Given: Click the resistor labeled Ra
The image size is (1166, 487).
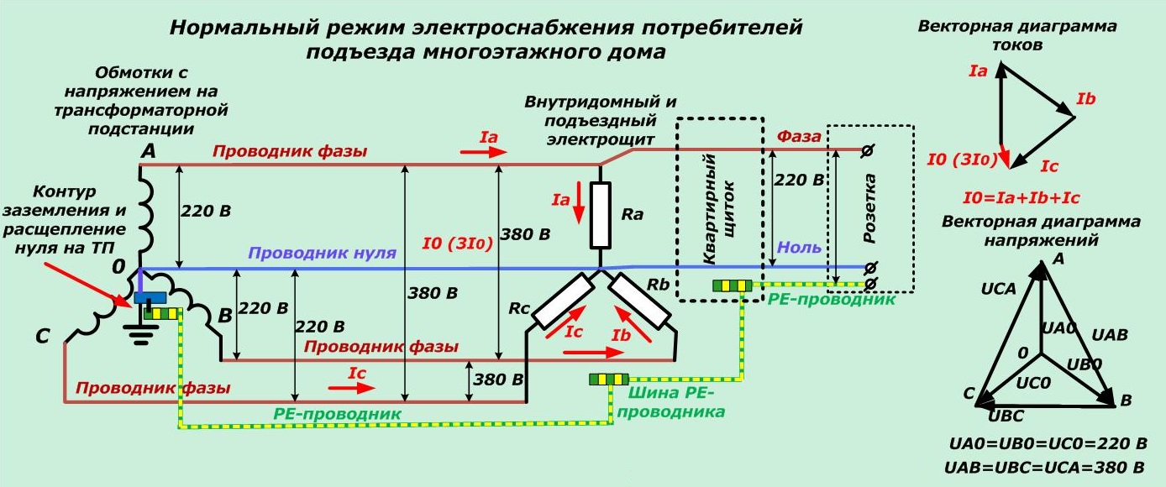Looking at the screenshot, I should (x=600, y=215).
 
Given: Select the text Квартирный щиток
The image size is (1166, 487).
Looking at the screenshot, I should (x=719, y=209).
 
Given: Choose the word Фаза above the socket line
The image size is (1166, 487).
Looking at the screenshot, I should (x=798, y=136).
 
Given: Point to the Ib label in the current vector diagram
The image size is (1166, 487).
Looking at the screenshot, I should (x=1085, y=99).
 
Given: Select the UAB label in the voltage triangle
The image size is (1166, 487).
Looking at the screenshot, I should (x=1109, y=334).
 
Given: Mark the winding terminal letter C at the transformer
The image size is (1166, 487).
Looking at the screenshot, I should (x=43, y=338).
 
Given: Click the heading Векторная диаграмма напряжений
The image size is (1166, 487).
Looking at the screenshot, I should (x=1041, y=231).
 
